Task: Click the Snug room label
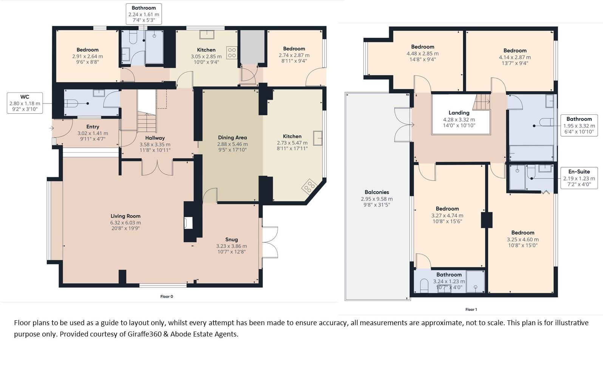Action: pyautogui.click(x=231, y=239)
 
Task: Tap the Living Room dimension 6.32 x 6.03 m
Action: pyautogui.click(x=125, y=223)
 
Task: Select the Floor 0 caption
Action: pyautogui.click(x=167, y=296)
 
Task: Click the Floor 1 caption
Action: pyautogui.click(x=471, y=309)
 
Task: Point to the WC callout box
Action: pyautogui.click(x=25, y=103)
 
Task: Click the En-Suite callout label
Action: pyautogui.click(x=579, y=171)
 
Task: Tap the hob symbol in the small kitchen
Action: pyautogui.click(x=232, y=53)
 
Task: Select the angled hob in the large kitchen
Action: pyautogui.click(x=309, y=186)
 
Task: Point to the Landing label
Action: pyautogui.click(x=459, y=113)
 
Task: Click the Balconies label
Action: pyautogui.click(x=376, y=192)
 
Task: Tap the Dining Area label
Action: pyautogui.click(x=232, y=137)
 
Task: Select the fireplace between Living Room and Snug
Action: pyautogui.click(x=188, y=223)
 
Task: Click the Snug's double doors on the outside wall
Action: pyautogui.click(x=270, y=242)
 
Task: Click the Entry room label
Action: pyautogui.click(x=93, y=127)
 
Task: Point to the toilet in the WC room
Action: pyautogui.click(x=71, y=103)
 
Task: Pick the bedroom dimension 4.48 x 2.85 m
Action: pyautogui.click(x=422, y=54)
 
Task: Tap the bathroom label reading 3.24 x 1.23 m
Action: pyautogui.click(x=449, y=281)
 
